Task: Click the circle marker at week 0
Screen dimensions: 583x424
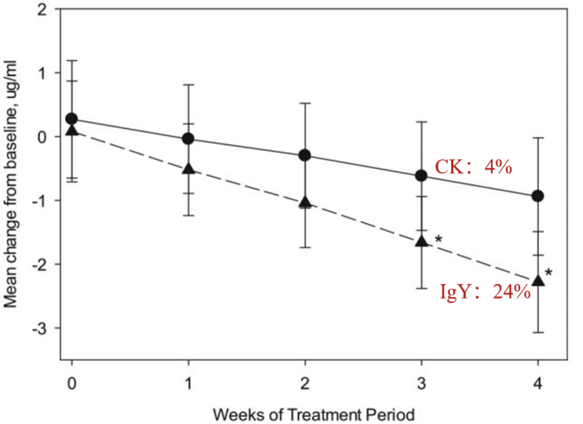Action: [x=71, y=119]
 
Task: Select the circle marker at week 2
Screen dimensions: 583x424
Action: [x=305, y=155]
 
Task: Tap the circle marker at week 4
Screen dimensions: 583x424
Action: [x=538, y=196]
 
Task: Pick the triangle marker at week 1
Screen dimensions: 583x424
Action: [x=188, y=168]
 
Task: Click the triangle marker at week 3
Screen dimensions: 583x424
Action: [x=422, y=241]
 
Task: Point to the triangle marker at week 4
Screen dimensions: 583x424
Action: [x=538, y=280]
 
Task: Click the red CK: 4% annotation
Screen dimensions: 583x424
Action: [x=473, y=167]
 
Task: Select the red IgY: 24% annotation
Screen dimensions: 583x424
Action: [x=485, y=291]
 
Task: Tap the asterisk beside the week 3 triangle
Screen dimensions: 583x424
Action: [x=439, y=239]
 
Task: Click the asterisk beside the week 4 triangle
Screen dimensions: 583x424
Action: [x=548, y=273]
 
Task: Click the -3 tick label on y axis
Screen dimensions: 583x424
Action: [x=39, y=329]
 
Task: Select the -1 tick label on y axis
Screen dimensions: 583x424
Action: [x=39, y=201]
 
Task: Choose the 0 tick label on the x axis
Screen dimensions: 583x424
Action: [x=72, y=383]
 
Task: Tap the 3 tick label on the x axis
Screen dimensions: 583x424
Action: [x=421, y=383]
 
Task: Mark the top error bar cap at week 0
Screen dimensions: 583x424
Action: [x=72, y=60]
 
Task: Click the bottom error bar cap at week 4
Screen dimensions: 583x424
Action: [x=538, y=333]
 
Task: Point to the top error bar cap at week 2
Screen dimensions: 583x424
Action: [x=305, y=103]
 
